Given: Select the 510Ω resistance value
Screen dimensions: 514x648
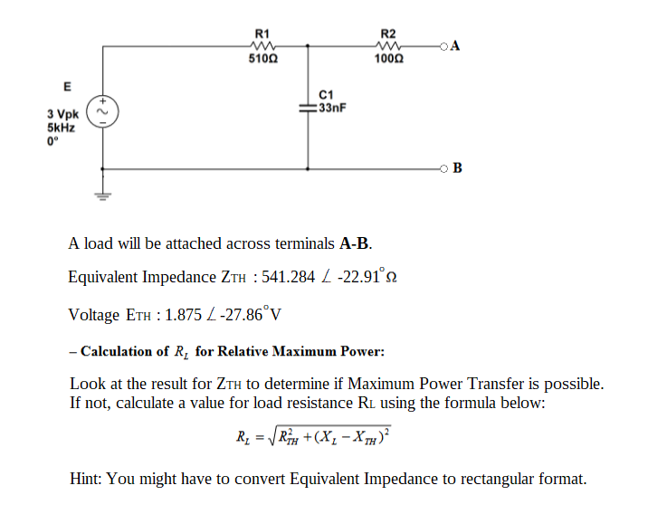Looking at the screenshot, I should [263, 59].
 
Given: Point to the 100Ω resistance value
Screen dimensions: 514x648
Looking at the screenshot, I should [389, 59].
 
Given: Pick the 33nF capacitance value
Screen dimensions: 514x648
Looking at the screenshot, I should [332, 107].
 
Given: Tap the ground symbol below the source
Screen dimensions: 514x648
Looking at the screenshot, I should [102, 194].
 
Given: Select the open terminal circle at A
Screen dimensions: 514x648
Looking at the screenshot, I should [443, 46].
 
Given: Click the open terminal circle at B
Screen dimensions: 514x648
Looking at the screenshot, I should [443, 168].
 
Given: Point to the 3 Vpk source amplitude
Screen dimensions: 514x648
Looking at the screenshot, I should [63, 115].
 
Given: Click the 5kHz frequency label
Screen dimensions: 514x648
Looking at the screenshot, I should [62, 128].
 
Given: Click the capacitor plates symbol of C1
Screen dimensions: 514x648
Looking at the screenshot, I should [309, 107].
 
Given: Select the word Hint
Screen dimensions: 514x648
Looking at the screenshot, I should [86, 479].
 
